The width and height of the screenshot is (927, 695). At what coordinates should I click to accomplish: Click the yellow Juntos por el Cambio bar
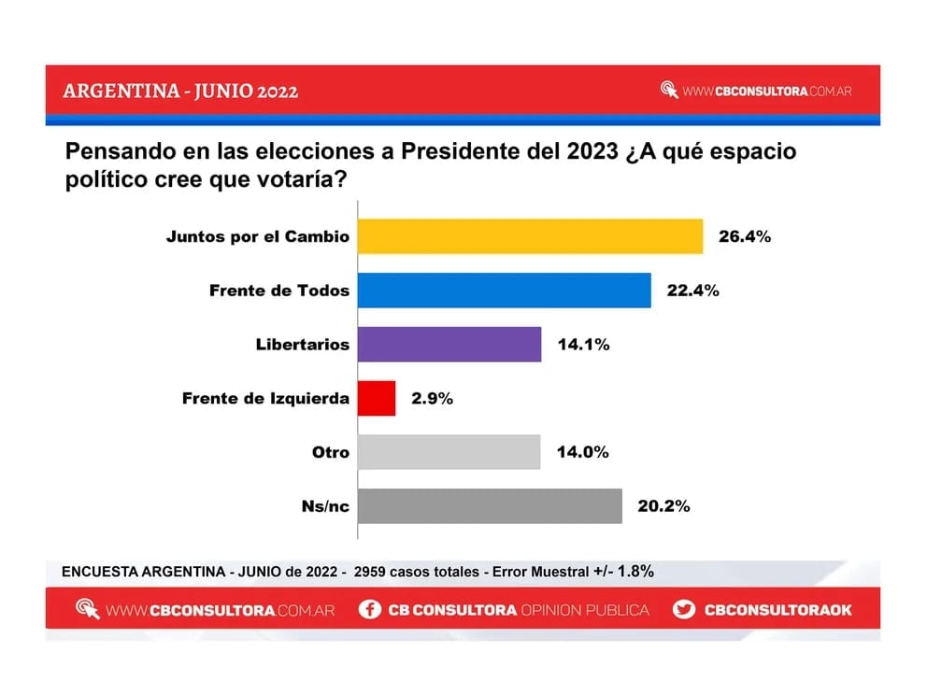pyautogui.click(x=530, y=236)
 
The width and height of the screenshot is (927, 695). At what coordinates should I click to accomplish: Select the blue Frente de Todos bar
pyautogui.click(x=505, y=291)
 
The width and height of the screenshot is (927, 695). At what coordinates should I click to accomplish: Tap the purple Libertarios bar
pyautogui.click(x=449, y=345)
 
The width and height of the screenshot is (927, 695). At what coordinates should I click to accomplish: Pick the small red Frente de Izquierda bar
pyautogui.click(x=377, y=399)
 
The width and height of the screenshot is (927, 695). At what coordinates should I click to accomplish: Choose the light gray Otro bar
pyautogui.click(x=449, y=452)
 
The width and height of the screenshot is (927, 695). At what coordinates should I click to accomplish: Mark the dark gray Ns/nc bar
pyautogui.click(x=490, y=506)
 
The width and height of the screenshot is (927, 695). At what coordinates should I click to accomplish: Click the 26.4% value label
pyautogui.click(x=744, y=236)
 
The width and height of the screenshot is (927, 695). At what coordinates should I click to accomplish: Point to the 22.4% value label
pyautogui.click(x=692, y=291)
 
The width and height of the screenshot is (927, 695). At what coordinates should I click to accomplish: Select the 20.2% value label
pyautogui.click(x=663, y=506)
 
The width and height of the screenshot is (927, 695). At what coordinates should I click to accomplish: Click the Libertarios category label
pyautogui.click(x=302, y=345)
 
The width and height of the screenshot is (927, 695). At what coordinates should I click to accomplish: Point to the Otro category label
pyautogui.click(x=330, y=452)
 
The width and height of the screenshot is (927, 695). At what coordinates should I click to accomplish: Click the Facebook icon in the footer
pyautogui.click(x=370, y=610)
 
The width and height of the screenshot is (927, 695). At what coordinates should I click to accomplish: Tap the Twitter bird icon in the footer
pyautogui.click(x=685, y=610)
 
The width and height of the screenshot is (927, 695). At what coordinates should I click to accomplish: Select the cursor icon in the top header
pyautogui.click(x=669, y=91)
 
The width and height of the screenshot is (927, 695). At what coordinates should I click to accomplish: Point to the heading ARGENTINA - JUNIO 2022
pyautogui.click(x=180, y=92)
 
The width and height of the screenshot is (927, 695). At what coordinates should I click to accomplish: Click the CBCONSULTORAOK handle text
pyautogui.click(x=777, y=610)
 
